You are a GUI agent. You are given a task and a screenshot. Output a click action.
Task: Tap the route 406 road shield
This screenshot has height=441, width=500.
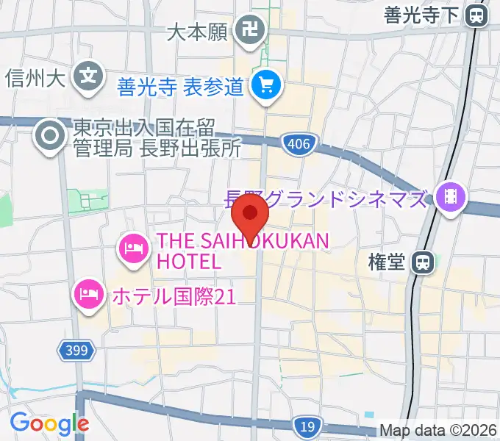coord(298,144)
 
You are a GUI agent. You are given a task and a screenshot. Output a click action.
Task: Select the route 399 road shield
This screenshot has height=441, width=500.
coord(76,351)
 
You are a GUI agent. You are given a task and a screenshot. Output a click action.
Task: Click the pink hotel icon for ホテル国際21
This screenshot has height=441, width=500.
coord(89,296)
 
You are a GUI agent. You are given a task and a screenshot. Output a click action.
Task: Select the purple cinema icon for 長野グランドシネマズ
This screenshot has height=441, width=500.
coord(448,197)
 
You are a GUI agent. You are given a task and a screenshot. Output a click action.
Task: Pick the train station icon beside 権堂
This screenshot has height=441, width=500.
coord(422,261)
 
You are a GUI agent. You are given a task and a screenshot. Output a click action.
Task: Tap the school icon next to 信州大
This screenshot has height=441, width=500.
coord(89,75)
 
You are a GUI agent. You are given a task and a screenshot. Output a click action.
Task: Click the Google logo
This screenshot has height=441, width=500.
coord(49,423)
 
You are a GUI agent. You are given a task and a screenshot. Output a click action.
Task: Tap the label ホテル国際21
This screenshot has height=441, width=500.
coord(173,296)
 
